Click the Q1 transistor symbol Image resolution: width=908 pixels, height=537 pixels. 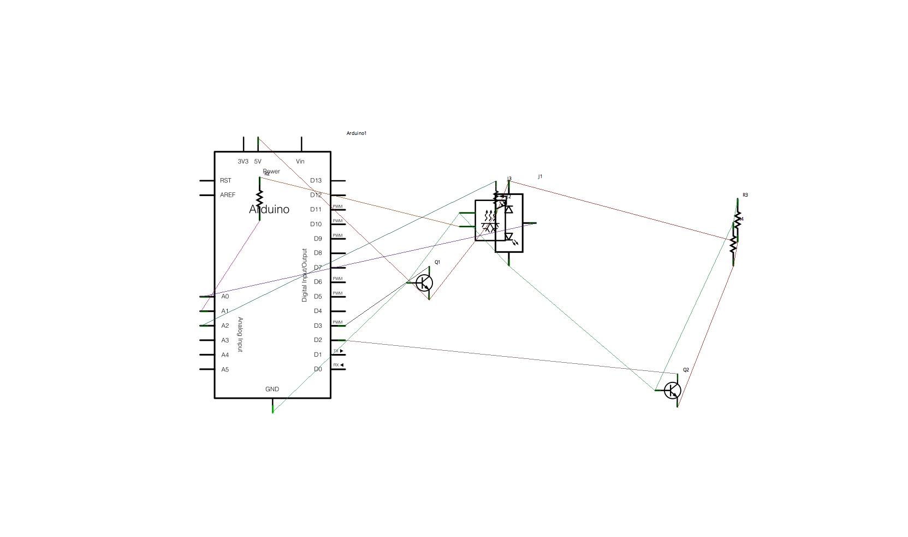click(424, 283)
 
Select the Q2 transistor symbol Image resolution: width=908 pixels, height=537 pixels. click(672, 391)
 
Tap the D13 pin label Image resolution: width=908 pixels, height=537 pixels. click(316, 180)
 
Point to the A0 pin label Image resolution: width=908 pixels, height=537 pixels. click(225, 297)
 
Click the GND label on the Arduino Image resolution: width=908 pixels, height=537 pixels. click(272, 390)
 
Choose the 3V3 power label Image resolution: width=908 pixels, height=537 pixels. click(243, 162)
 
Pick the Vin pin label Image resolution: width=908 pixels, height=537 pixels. click(300, 162)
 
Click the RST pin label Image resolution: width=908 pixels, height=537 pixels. click(225, 180)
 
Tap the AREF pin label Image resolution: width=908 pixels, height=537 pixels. click(228, 195)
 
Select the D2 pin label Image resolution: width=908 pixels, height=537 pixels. click(318, 340)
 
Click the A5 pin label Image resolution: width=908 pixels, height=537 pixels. click(225, 369)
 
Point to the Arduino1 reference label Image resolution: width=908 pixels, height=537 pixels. click(357, 133)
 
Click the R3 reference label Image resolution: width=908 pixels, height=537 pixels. click(745, 195)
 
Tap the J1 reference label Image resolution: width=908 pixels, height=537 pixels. click(540, 176)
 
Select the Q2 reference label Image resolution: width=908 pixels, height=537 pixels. click(686, 370)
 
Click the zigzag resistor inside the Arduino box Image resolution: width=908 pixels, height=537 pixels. click(259, 198)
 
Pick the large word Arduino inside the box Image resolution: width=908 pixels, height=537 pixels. click(269, 210)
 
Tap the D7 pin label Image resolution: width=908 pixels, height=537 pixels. click(318, 268)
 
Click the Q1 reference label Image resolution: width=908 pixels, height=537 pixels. click(437, 262)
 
